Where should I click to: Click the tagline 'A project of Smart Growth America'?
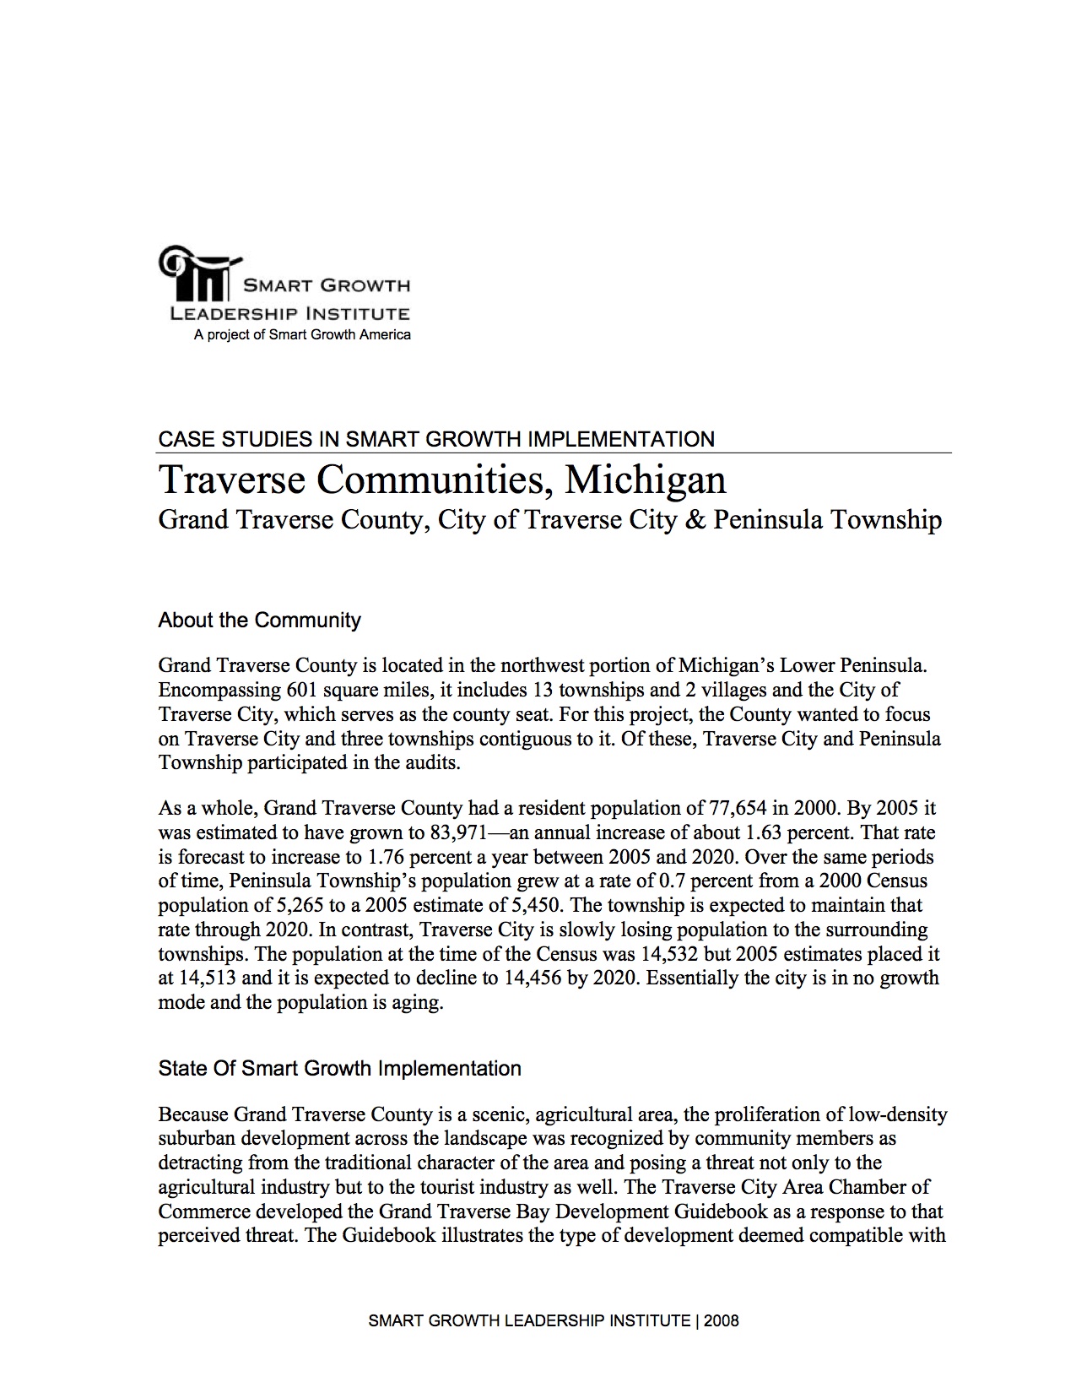point(302,335)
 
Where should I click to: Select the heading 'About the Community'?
point(259,621)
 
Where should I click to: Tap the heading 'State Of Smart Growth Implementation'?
point(339,1069)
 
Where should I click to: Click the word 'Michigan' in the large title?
point(646,480)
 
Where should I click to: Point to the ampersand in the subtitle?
point(695,519)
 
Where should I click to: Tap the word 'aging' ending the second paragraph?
point(419,1004)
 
